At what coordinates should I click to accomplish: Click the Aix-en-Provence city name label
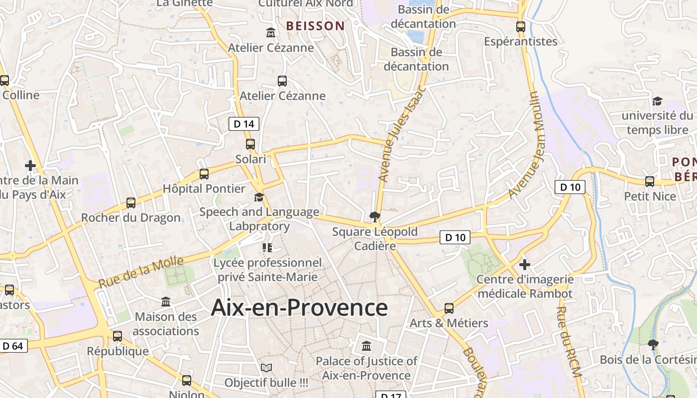point(299,307)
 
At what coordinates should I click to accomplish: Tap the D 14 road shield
point(244,124)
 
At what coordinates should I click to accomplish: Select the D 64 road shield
point(13,346)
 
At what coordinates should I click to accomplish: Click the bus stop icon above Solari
point(250,144)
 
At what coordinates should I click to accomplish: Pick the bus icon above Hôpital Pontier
point(204,174)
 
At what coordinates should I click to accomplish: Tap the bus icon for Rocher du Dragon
point(131,202)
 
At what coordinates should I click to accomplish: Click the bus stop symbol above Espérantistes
point(521,27)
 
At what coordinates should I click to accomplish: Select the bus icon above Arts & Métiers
point(449,308)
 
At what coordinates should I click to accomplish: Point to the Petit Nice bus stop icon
point(650,181)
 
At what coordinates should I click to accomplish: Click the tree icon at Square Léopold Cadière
point(374,216)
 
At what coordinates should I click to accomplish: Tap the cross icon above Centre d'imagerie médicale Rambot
point(524,264)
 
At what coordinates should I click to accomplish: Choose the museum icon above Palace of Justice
point(366,345)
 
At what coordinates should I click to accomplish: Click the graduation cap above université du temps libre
point(657,101)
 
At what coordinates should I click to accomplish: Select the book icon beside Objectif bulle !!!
point(266,368)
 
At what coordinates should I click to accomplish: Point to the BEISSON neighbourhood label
point(315,25)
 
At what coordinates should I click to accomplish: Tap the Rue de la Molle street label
point(141,272)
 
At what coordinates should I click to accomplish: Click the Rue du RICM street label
point(568,341)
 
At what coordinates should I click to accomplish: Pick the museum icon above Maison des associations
point(166,301)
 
